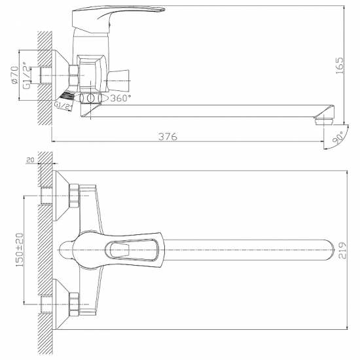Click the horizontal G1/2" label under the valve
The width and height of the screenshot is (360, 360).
(x=63, y=104)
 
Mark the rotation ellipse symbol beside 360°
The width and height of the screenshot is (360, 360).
(x=92, y=98)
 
